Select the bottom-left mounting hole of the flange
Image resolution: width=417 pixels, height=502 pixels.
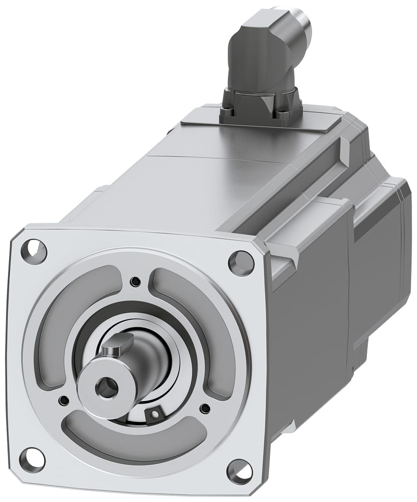pyautogui.click(x=32, y=457)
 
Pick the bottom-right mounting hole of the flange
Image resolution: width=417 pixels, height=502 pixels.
pyautogui.click(x=239, y=471)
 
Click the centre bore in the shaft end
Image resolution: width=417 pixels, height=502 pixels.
pyautogui.click(x=106, y=387)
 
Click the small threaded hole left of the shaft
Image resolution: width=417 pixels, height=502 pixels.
pyautogui.click(x=64, y=401)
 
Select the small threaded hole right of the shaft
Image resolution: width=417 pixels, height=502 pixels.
pyautogui.click(x=204, y=409)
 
